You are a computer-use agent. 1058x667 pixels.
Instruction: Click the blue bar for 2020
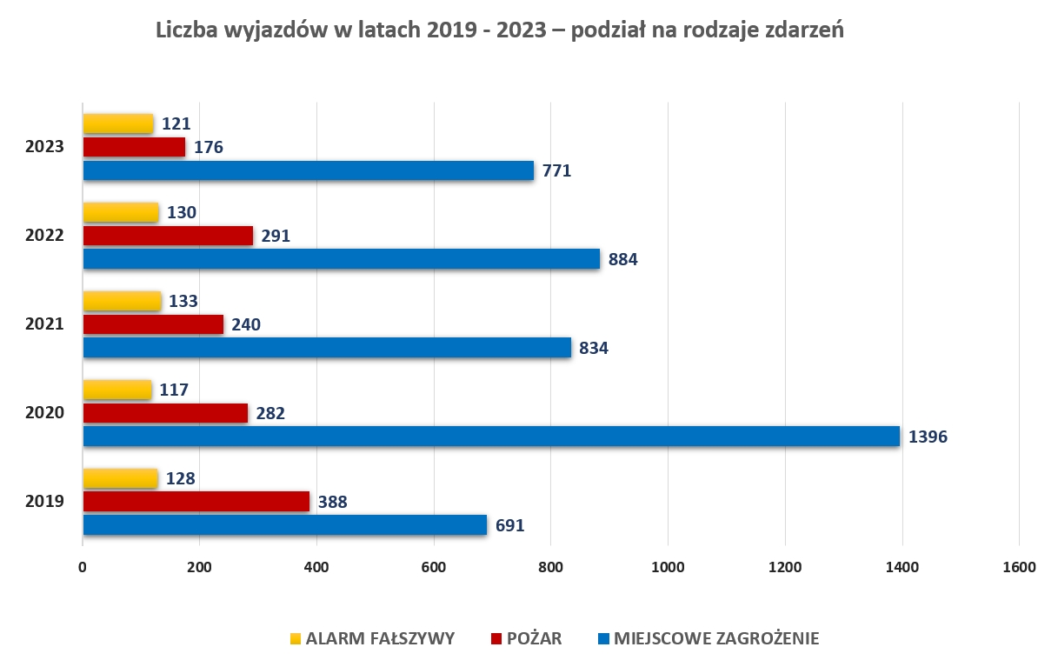(x=491, y=436)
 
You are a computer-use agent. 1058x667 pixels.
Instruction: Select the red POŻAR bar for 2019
(x=196, y=501)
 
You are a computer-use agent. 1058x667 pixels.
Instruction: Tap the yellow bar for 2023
(x=118, y=123)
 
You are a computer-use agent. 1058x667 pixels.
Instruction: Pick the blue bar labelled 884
(x=341, y=259)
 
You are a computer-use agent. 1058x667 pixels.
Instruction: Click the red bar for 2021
(x=153, y=324)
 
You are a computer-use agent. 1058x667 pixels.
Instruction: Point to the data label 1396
(x=928, y=437)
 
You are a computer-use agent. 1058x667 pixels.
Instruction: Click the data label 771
(x=556, y=171)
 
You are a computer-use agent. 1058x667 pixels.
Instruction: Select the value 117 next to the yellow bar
(x=175, y=390)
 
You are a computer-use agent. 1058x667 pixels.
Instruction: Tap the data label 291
(x=275, y=236)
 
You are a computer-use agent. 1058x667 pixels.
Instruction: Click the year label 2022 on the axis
(x=44, y=236)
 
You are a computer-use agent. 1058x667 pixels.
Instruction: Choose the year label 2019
(x=44, y=501)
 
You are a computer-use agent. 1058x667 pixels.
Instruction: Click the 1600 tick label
(x=1019, y=568)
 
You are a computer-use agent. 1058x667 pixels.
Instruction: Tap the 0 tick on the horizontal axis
(x=83, y=568)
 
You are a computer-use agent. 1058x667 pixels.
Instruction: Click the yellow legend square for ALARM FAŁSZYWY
(x=296, y=639)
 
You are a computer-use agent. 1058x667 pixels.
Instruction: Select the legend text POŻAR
(x=534, y=639)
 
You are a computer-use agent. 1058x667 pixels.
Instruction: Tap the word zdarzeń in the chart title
(x=804, y=30)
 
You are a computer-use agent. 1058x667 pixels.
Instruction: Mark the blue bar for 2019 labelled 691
(x=284, y=524)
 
